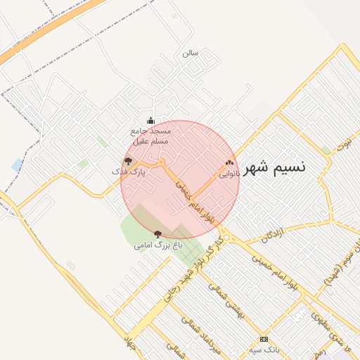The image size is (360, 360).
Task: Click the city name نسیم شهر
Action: coord(278,167)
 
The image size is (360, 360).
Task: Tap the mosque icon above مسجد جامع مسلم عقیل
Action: coord(150,120)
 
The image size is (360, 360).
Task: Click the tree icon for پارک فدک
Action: coord(127,161)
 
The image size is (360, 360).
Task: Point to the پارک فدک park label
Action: coord(129,172)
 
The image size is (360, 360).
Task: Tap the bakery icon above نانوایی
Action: coord(229,162)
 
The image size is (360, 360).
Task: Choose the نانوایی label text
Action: coord(229,172)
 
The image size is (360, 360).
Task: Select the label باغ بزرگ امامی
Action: coord(158,246)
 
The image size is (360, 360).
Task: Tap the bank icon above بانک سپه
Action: coord(264,339)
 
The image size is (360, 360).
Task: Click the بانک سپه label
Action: coord(264,349)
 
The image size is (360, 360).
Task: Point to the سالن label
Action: coord(191,53)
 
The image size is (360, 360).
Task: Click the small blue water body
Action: coord(17,165)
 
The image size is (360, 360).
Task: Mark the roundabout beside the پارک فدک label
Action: coord(162,163)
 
